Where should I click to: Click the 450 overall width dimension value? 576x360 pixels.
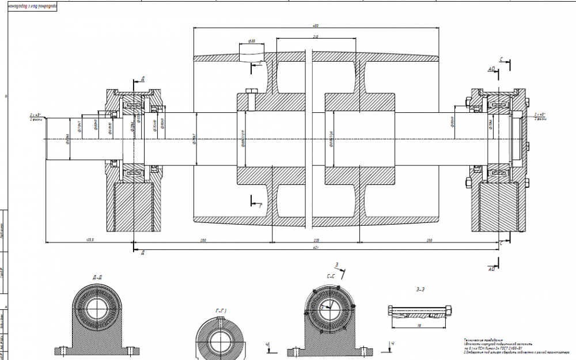[x=315, y=26]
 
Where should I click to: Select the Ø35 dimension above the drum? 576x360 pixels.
[x=252, y=41]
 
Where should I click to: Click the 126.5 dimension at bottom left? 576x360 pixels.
[x=89, y=239]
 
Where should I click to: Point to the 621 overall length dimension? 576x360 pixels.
[x=315, y=247]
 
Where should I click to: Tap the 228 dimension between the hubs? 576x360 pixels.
[x=315, y=239]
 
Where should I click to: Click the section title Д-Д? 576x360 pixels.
[x=97, y=277]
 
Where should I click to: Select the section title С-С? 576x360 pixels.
[x=331, y=276]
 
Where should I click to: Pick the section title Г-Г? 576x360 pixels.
[x=221, y=311]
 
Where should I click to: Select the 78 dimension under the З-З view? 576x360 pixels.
[x=418, y=325]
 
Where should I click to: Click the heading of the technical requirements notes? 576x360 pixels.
[x=482, y=340]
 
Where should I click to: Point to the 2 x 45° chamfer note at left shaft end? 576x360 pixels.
[x=36, y=116]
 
